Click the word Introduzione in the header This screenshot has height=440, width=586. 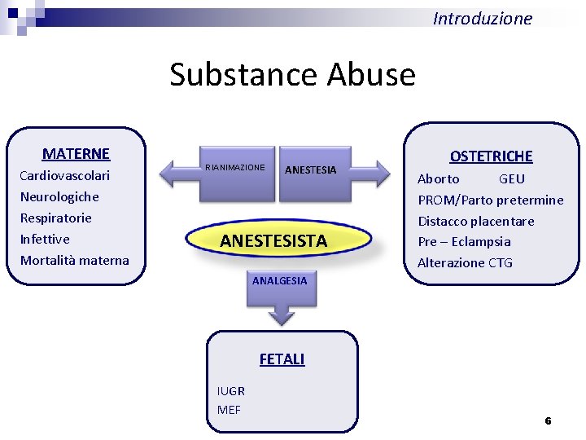(483, 18)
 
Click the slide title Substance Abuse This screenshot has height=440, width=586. (292, 74)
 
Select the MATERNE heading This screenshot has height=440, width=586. (76, 153)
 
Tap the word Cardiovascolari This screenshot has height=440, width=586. (64, 175)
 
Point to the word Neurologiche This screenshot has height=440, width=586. (59, 196)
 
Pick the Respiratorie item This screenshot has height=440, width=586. (56, 218)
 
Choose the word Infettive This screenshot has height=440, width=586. (45, 239)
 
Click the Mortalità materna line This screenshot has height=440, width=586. (74, 260)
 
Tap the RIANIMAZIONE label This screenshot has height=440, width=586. (235, 167)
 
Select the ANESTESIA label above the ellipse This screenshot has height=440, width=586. (310, 170)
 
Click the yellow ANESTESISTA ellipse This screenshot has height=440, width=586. (273, 240)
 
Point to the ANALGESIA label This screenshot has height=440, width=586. (280, 280)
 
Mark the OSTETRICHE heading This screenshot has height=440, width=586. (492, 156)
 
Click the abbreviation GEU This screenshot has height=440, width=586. (511, 178)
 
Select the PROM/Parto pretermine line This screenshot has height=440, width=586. (490, 200)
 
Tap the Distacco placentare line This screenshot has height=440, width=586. (476, 221)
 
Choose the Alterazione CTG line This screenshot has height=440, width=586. (465, 262)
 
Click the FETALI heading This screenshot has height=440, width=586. (282, 359)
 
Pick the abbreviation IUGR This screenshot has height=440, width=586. (231, 391)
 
